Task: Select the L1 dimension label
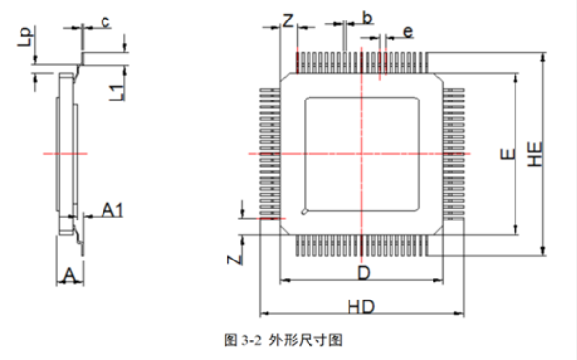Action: (115, 92)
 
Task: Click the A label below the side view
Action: (68, 277)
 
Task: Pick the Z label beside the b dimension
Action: (288, 20)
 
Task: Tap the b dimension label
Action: (366, 17)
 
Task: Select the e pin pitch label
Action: (407, 32)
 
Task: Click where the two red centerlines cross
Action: (364, 154)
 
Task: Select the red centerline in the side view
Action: (64, 154)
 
